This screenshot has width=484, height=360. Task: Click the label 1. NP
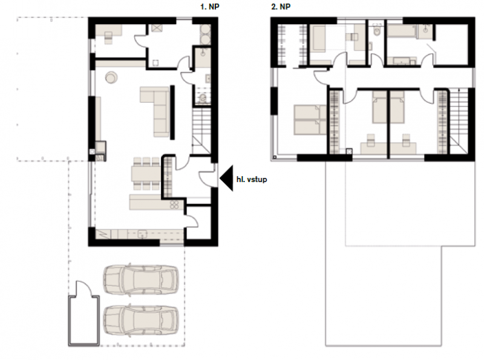(209, 7)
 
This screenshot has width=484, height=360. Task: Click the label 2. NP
(281, 7)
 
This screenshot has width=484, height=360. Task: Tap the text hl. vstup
(252, 179)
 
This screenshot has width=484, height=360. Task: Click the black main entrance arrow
(226, 178)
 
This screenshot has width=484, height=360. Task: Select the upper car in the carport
(141, 280)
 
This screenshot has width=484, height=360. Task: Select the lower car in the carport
(141, 320)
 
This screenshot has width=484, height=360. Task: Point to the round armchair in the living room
(111, 77)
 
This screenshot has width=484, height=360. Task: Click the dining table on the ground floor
(146, 174)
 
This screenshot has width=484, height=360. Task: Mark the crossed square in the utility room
(157, 28)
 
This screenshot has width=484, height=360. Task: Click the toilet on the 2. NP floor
(376, 31)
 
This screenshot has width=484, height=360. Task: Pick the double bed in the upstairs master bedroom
(310, 120)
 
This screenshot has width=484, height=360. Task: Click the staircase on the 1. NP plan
(201, 129)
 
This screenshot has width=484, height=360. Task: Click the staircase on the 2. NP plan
(459, 120)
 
